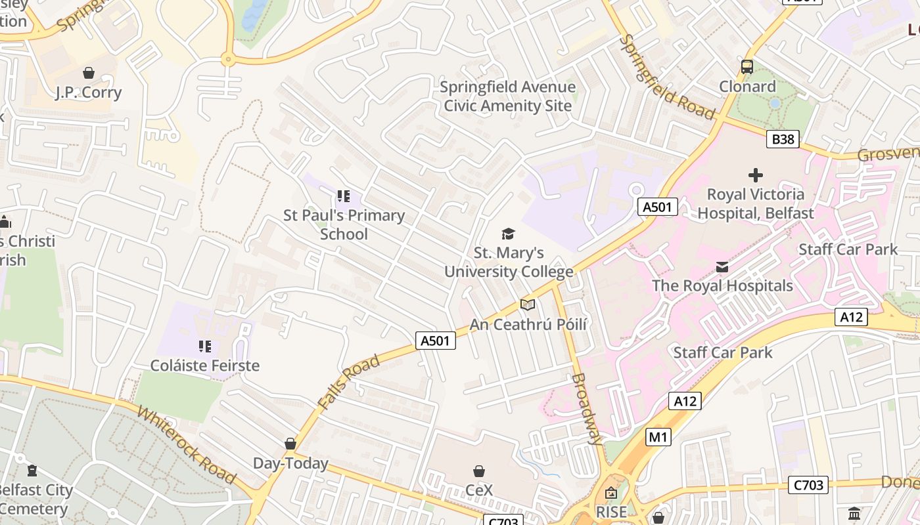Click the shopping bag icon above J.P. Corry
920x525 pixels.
pos(88,73)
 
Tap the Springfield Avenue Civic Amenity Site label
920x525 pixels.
pos(507,96)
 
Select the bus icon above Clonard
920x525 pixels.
pos(747,66)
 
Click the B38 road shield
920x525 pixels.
pos(783,139)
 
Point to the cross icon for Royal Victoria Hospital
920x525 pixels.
pos(756,175)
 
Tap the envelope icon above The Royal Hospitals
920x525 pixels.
pos(722,266)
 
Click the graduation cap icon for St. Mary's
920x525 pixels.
pos(508,234)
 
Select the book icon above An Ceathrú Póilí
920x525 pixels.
pos(528,304)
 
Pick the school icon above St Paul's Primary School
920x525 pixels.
pos(343,196)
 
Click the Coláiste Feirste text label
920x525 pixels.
pos(205,366)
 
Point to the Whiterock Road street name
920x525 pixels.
pos(186,444)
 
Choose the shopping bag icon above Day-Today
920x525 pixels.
pos(290,444)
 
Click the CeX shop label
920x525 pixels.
pos(479,490)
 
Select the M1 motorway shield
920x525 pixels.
pos(658,437)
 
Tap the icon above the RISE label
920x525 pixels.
pos(611,492)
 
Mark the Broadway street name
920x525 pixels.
pos(587,409)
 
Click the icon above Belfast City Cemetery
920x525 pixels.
pos(32,471)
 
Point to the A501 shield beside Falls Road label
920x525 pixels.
pos(436,340)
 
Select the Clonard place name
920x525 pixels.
pos(747,87)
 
